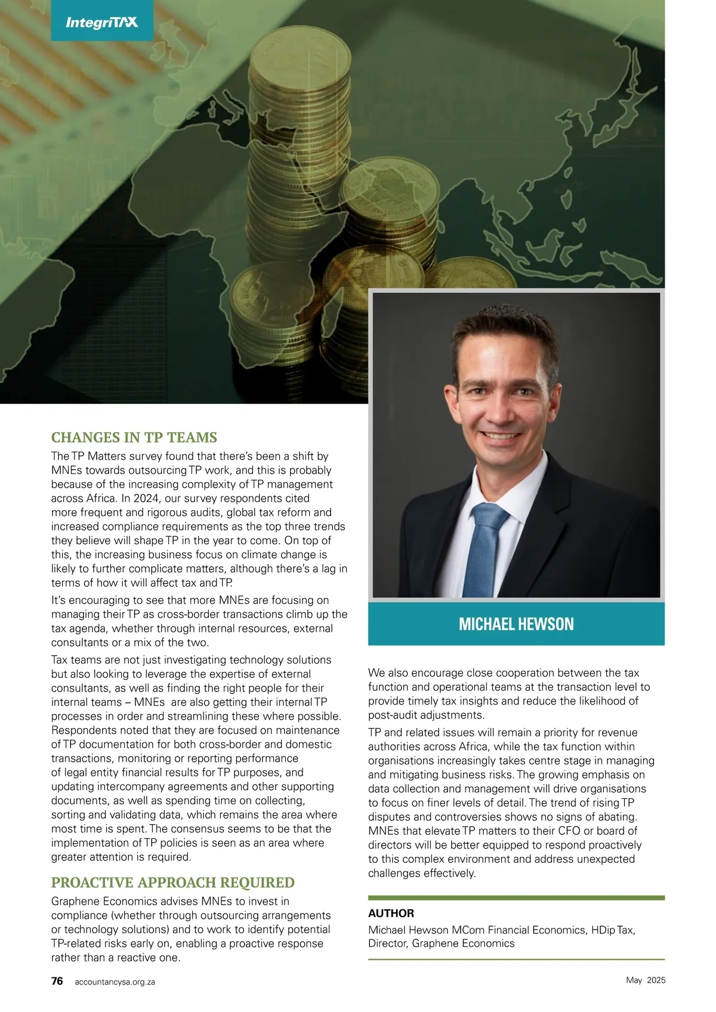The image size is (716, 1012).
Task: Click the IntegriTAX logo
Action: [x=101, y=23]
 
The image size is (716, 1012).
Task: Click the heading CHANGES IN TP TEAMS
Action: [x=134, y=437]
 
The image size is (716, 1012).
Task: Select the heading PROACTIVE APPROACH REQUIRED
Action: [x=172, y=883]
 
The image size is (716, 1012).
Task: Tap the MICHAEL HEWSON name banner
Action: [x=516, y=624]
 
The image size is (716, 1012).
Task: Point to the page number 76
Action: [x=57, y=981]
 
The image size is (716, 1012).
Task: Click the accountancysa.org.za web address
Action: [x=115, y=982]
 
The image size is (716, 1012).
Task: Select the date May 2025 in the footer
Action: [x=645, y=980]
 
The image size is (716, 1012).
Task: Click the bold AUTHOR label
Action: [x=391, y=913]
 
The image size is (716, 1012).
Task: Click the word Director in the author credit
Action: [x=387, y=943]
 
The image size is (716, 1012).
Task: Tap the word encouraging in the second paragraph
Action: [x=100, y=600]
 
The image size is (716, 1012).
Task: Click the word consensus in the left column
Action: [x=200, y=829]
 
